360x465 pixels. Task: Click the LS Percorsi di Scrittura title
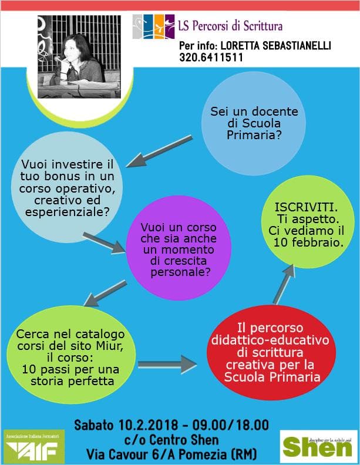pyautogui.click(x=230, y=26)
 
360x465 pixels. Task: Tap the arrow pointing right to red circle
pyautogui.click(x=166, y=365)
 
